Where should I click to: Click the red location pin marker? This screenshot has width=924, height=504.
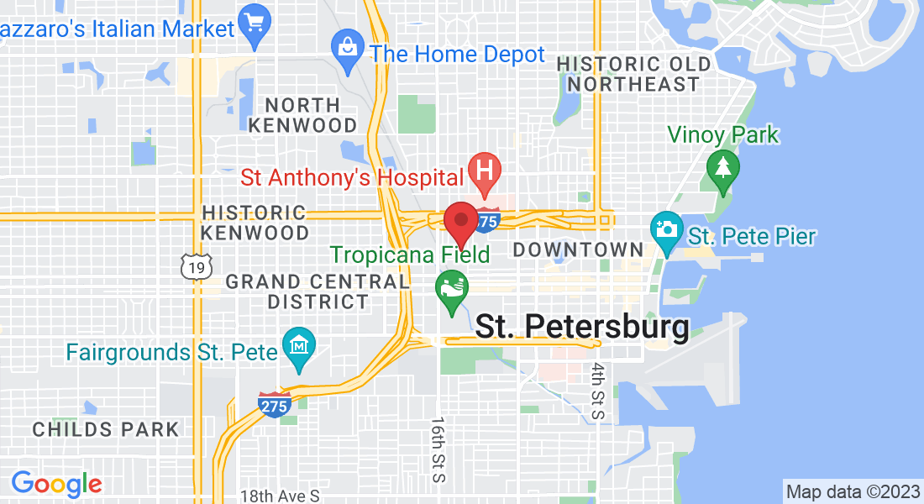[x=460, y=221]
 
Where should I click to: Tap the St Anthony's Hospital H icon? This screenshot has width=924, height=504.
[x=485, y=171]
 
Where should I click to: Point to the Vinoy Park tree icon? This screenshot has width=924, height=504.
[x=722, y=168]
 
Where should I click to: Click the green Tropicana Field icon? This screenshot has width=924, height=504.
[x=451, y=287]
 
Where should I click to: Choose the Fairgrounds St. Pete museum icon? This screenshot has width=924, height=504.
[x=298, y=346]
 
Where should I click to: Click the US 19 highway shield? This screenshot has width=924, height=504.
[x=193, y=266]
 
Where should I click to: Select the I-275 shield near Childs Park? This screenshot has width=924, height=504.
[x=275, y=404]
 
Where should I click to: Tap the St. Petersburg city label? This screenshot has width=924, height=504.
[x=581, y=328]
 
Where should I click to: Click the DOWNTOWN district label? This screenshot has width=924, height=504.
[x=578, y=249]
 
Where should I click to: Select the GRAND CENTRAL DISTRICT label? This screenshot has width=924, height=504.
[x=317, y=291]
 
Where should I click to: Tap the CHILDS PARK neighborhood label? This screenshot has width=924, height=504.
[x=106, y=429]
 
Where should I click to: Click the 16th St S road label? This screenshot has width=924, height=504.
[x=438, y=449]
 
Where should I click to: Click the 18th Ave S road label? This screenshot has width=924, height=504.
[x=280, y=496]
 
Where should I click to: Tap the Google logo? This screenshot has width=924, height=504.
[x=56, y=483]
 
